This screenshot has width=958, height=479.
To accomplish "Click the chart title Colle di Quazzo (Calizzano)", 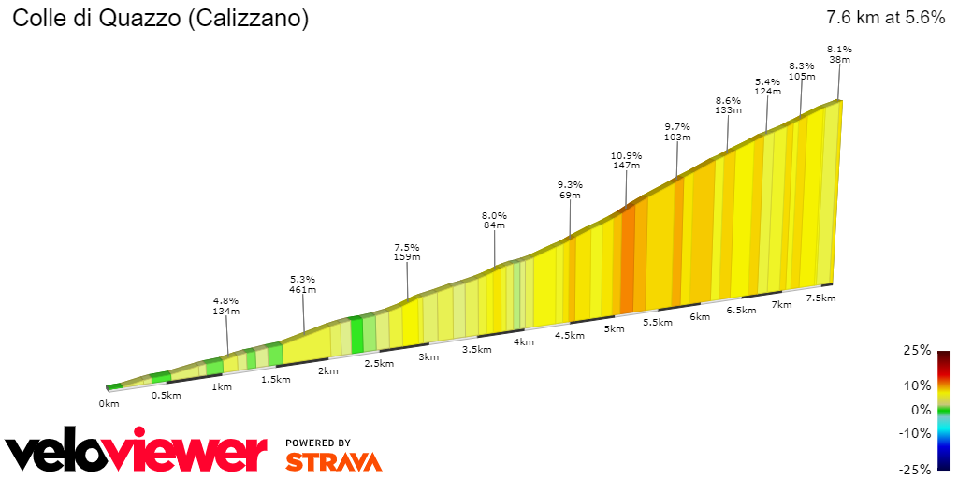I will [x=160, y=18].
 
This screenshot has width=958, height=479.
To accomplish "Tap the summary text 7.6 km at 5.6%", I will [x=885, y=18].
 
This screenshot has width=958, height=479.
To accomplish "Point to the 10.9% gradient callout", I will [x=626, y=155].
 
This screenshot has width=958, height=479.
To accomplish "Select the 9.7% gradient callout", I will [x=676, y=127].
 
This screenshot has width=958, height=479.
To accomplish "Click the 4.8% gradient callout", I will [x=226, y=301].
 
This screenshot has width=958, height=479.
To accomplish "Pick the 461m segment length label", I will [x=302, y=290].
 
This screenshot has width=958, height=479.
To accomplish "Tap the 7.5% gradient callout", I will [x=407, y=247].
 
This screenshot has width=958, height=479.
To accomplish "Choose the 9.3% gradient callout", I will [x=569, y=184].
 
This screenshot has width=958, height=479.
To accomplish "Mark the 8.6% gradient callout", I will [x=728, y=100].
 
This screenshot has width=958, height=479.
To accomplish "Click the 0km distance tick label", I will [x=109, y=404].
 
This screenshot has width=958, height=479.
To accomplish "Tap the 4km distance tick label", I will [x=523, y=341].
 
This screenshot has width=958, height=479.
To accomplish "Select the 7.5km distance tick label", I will [x=820, y=298].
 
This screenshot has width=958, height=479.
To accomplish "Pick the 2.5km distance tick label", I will [x=378, y=363].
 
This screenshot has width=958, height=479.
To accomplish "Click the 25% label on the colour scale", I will [x=919, y=350].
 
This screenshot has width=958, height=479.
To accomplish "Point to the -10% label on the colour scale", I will [x=915, y=433].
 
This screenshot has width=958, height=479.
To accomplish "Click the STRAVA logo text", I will [x=333, y=461].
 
